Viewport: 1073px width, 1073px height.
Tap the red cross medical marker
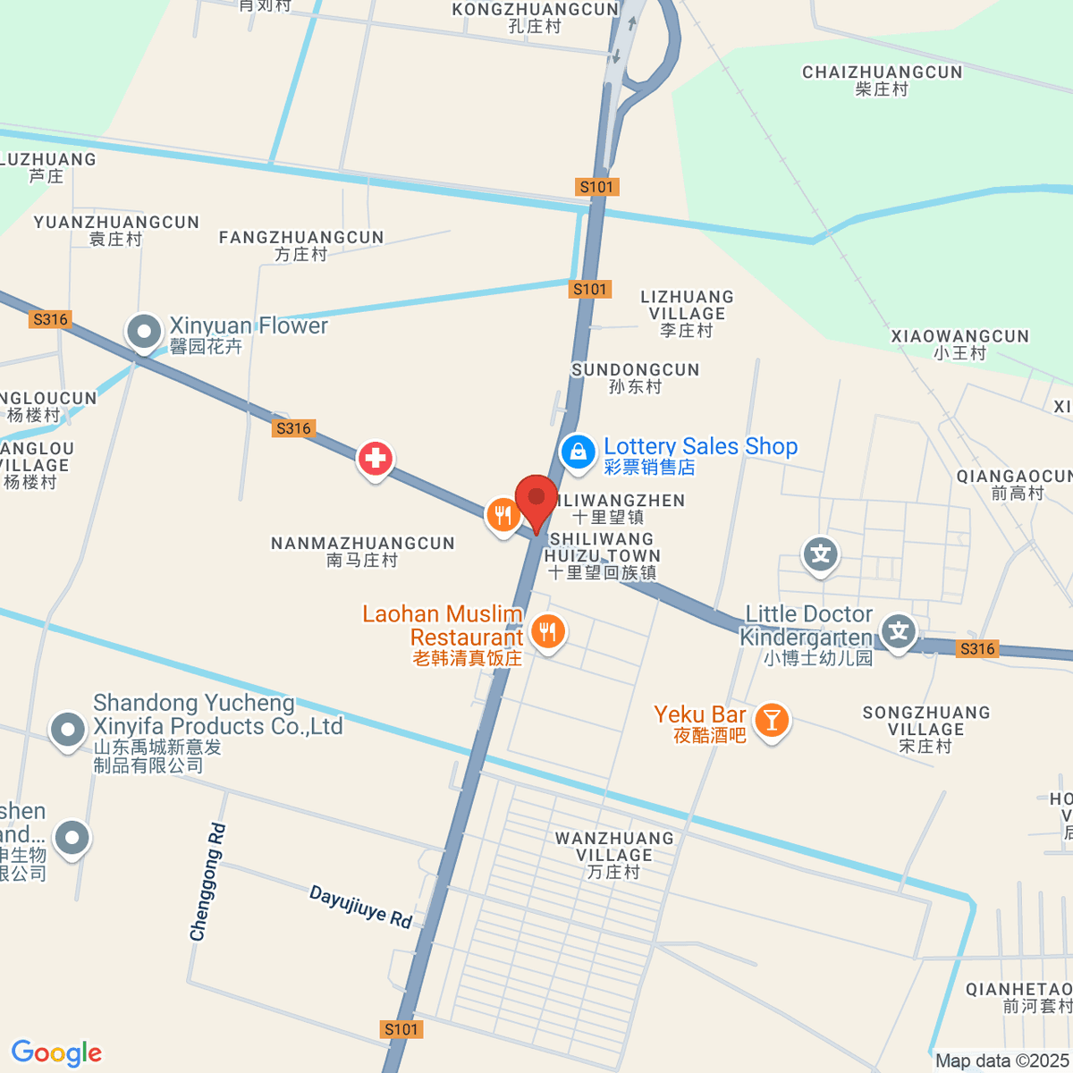(x=376, y=459)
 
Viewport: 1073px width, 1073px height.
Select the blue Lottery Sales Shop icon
(x=578, y=452)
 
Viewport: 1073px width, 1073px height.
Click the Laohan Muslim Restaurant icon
(x=547, y=632)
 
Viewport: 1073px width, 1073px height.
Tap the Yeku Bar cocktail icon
(x=771, y=720)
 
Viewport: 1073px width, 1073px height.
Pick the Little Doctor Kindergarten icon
(x=898, y=632)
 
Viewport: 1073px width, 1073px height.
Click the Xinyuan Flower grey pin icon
(x=143, y=332)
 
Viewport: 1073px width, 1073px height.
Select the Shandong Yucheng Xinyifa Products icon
(x=68, y=730)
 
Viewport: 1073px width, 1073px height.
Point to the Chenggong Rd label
(x=207, y=882)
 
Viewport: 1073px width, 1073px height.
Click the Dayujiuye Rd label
(x=360, y=907)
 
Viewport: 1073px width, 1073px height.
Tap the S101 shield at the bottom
(x=401, y=1029)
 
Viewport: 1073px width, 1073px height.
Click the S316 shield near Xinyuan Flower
(x=50, y=319)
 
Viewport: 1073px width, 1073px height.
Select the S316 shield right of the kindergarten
(x=976, y=649)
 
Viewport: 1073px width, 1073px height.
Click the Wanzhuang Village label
(x=614, y=855)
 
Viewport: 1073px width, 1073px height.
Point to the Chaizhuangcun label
(x=882, y=80)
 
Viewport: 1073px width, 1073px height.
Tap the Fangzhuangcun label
(x=301, y=246)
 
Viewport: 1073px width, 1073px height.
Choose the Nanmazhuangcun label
(x=362, y=552)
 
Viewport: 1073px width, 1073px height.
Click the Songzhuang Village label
(x=925, y=729)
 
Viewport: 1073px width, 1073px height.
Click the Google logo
(x=56, y=1053)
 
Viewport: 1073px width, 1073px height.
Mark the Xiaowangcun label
(x=959, y=344)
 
